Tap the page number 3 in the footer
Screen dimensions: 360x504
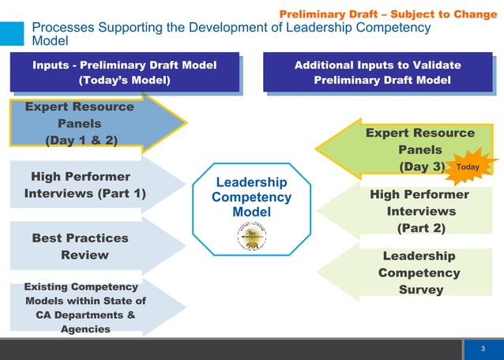click(x=483, y=348)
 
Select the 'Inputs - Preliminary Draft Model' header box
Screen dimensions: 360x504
click(x=124, y=73)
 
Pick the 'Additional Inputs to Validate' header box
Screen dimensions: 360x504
click(x=377, y=73)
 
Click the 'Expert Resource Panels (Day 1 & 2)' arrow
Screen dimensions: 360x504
click(x=87, y=123)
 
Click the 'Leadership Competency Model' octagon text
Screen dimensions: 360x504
click(x=251, y=197)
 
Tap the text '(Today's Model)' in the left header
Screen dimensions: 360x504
click(x=124, y=81)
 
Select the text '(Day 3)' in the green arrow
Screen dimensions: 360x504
click(x=419, y=167)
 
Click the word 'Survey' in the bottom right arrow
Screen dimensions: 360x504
click(x=419, y=290)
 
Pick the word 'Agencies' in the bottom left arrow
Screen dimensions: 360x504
click(x=85, y=329)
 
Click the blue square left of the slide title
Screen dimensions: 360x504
click(x=11, y=33)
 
